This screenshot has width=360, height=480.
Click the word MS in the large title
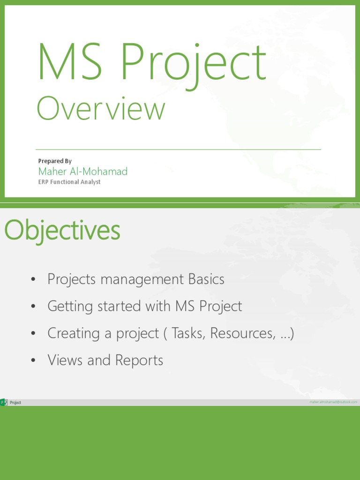click(70, 61)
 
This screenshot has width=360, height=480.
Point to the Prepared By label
click(55, 161)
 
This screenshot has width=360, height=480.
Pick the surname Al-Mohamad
click(99, 172)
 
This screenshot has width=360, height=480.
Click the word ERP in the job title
click(44, 182)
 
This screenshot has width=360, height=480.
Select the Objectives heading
click(62, 231)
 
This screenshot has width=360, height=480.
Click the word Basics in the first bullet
click(206, 279)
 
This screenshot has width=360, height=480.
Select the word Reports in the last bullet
click(140, 360)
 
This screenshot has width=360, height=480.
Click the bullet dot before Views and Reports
click(33, 361)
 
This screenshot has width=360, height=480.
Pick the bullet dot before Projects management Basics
click(33, 280)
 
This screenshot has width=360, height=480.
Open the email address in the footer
click(333, 402)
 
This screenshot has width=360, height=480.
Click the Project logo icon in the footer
click(4, 402)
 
